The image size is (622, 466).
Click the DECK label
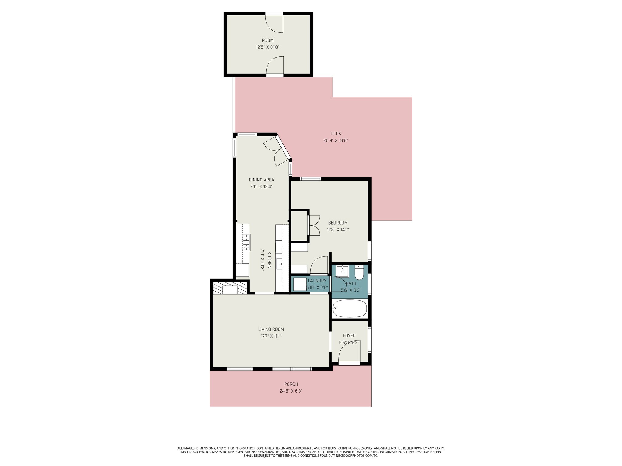tap(336, 133)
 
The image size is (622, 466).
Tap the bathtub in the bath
tap(349, 309)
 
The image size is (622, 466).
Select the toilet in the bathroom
tap(359, 272)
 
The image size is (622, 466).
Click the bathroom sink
tap(342, 271)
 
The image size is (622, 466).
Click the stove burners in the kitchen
tap(246, 242)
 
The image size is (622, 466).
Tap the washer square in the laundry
tap(300, 284)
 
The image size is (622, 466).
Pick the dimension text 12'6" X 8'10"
tap(268, 47)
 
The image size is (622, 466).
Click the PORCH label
tap(291, 384)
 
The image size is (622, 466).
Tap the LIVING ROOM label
tap(271, 329)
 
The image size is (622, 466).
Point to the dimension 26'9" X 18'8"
tap(336, 140)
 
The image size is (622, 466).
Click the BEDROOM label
tap(337, 223)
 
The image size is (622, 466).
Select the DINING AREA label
tap(261, 180)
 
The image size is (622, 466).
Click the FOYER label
tap(349, 336)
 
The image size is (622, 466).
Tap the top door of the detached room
tap(274, 23)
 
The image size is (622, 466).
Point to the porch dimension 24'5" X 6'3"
tap(291, 391)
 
